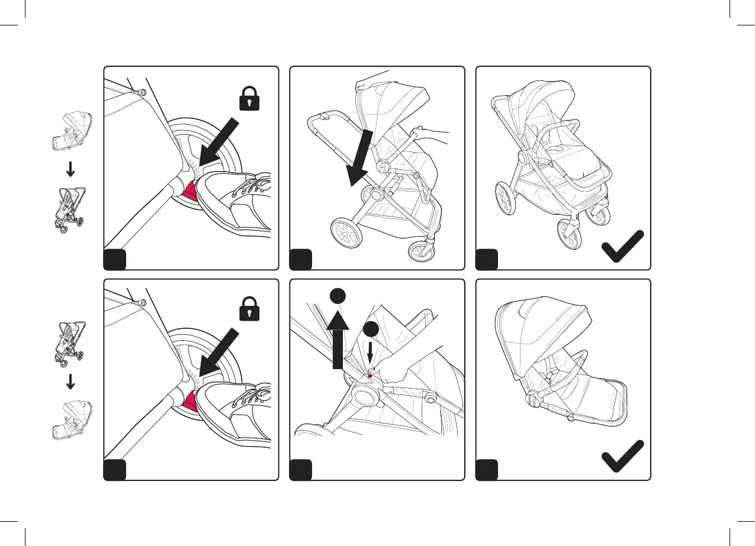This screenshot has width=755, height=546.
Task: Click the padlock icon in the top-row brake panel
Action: pos(250,98)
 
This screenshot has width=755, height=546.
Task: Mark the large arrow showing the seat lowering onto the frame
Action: pos(359,157)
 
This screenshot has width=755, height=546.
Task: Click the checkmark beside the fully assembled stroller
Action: pos(622,247)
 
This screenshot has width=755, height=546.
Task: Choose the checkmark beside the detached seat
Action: pos(622,458)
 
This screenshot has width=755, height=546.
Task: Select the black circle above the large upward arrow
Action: pos(338,297)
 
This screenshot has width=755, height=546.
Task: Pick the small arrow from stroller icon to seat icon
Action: pos(70,382)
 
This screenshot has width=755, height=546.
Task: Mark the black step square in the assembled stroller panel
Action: pos(487,259)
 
